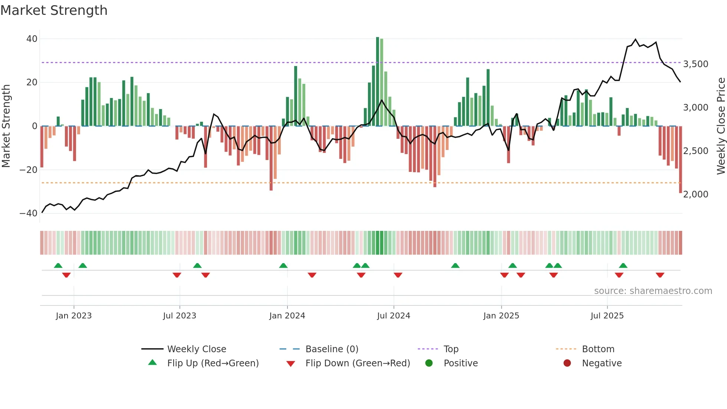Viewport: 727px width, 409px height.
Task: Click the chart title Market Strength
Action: pos(54,10)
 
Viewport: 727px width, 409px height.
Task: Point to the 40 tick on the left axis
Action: pos(32,39)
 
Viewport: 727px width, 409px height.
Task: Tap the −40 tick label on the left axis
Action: pos(29,213)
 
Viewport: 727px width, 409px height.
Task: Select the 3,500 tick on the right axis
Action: pos(695,64)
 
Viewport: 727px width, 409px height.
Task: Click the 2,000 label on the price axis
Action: pos(695,194)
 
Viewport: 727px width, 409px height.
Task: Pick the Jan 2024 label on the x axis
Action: pos(287,316)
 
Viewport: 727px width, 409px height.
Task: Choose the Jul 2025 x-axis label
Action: pos(607,316)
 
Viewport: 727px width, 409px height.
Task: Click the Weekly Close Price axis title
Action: pos(721,126)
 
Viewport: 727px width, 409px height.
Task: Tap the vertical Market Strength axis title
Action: pos(6,126)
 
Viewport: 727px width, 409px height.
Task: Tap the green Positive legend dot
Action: pos(429,363)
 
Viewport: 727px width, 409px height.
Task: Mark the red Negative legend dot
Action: pos(567,363)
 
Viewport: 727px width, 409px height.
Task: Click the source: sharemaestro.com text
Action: pos(653,291)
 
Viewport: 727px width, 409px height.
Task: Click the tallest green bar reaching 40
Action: pos(378,82)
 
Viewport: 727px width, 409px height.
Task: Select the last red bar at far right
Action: pos(680,160)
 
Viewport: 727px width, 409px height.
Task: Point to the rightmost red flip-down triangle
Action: pos(660,275)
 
